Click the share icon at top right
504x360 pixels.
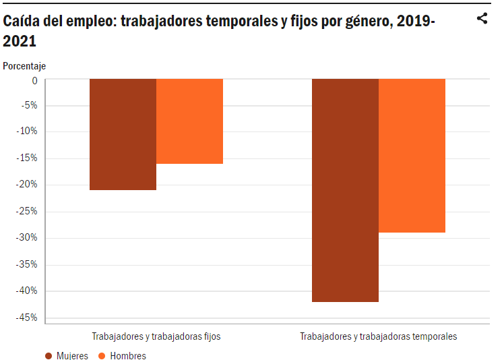click(x=482, y=18)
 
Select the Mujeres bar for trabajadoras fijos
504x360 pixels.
click(x=123, y=134)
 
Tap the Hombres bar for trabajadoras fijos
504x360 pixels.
click(x=189, y=121)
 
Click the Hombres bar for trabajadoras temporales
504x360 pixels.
click(x=412, y=156)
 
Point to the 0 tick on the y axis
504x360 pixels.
click(x=34, y=80)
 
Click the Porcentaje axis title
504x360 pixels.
click(x=24, y=66)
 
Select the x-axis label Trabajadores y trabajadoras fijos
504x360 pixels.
click(x=156, y=336)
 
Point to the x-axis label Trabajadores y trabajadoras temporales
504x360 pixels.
click(x=378, y=336)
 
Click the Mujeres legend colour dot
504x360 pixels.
click(x=49, y=355)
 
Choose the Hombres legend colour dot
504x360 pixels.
click(x=102, y=355)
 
